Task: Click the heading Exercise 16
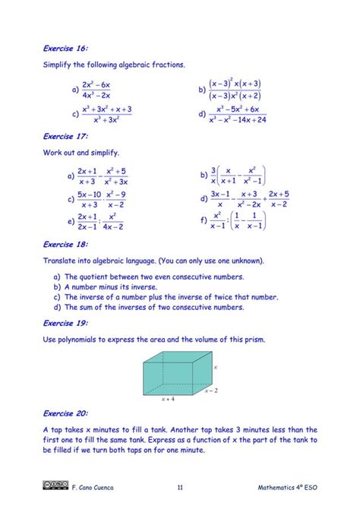pos(65,48)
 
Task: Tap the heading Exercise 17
pos(65,136)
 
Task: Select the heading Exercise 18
pos(65,245)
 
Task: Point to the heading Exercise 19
pos(65,323)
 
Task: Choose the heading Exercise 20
pos(65,414)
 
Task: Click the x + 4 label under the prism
pos(169,397)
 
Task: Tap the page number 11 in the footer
pos(179,488)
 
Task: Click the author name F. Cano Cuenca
pos(93,488)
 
